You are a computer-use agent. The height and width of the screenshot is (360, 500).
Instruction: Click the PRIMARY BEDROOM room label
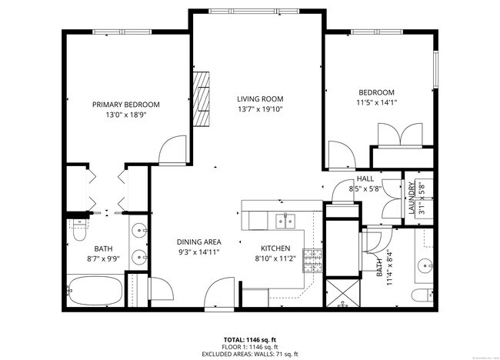click(126, 105)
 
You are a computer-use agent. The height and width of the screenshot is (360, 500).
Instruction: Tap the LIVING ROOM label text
click(260, 98)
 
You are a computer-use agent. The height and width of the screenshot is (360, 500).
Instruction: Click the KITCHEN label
click(275, 248)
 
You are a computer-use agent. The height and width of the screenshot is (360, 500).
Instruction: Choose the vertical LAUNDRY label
click(412, 198)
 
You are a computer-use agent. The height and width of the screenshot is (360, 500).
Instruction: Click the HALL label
click(365, 178)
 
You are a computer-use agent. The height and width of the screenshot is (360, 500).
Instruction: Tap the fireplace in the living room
click(202, 98)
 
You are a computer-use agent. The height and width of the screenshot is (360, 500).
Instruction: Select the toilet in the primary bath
click(79, 230)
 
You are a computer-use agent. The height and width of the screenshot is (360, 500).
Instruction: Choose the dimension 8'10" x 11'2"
click(275, 259)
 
